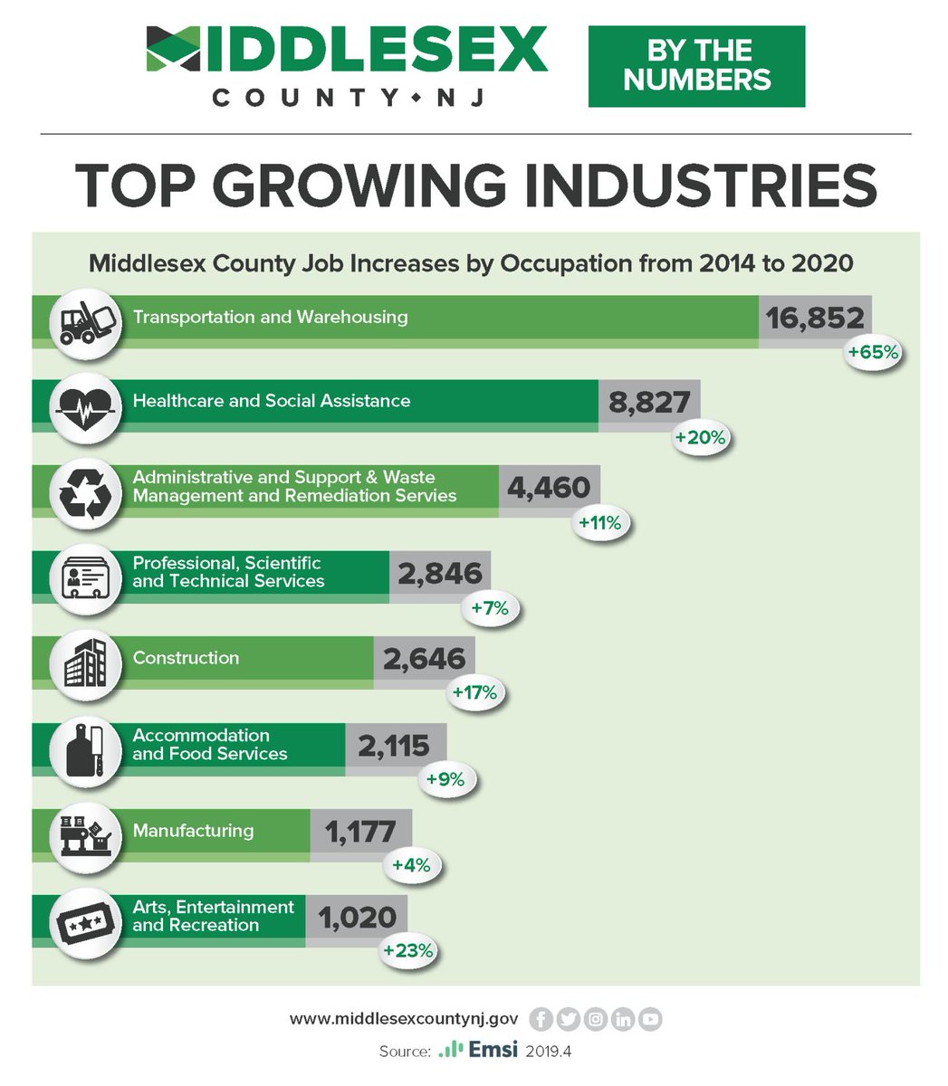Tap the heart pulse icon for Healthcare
[86, 408]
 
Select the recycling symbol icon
[86, 494]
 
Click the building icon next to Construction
[86, 666]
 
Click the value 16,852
[815, 318]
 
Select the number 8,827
[649, 402]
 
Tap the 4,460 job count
[549, 488]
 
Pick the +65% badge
[873, 352]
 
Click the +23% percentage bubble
[408, 951]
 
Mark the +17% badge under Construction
[474, 693]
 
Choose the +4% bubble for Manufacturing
[411, 865]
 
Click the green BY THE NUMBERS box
[696, 66]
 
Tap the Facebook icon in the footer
[541, 1019]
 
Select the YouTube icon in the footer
[650, 1019]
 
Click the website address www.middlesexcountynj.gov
[404, 1019]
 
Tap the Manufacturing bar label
[193, 831]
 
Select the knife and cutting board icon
[86, 752]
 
